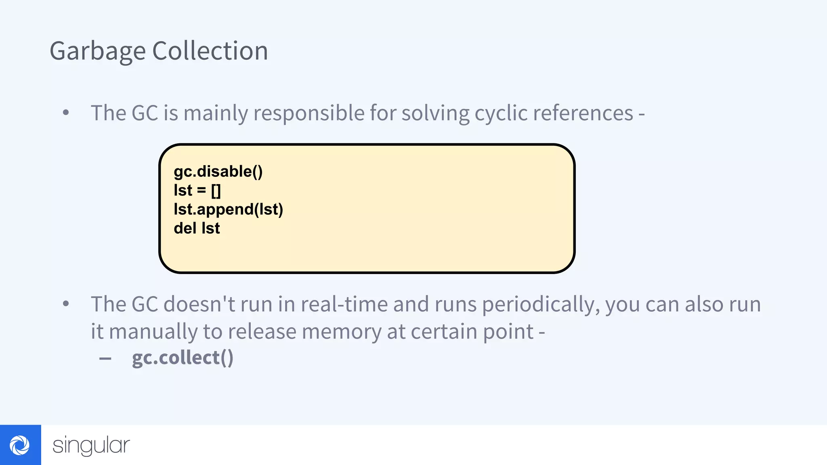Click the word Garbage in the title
97,51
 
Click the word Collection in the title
210,51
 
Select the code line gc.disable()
218,172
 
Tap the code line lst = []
197,191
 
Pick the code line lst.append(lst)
228,209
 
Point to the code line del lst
197,228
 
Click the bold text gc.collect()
183,358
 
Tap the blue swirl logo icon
20,445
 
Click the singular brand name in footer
91,445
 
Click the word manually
153,332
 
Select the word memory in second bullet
341,332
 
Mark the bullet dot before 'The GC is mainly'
66,113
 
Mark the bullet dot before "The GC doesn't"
66,304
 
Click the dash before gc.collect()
105,358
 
